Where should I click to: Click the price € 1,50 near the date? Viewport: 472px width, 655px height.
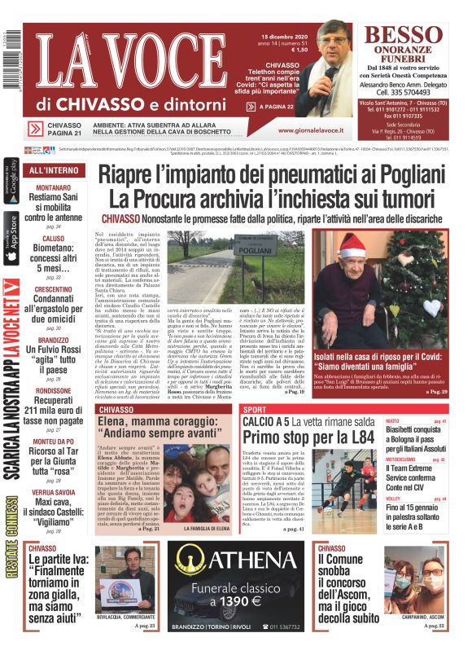[x=298, y=51]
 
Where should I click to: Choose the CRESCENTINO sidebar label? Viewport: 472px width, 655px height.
[x=53, y=289]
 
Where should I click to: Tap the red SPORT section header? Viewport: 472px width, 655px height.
[x=255, y=409]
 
